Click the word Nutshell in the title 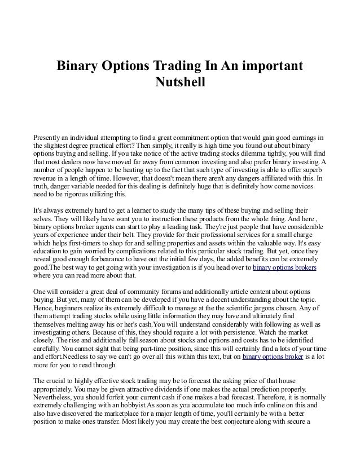(180, 83)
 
